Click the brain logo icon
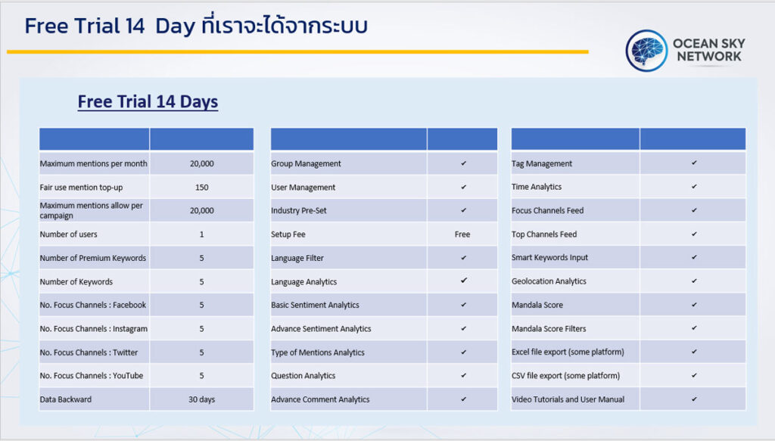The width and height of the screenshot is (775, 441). (x=646, y=51)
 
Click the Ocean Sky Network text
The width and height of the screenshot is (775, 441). (x=708, y=50)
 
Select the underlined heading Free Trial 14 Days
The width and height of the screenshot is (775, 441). (x=148, y=101)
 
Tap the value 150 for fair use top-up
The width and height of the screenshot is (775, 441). (x=201, y=187)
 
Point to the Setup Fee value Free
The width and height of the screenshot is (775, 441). (x=462, y=234)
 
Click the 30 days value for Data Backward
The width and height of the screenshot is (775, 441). (x=201, y=399)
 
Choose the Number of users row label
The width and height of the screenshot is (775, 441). (x=68, y=234)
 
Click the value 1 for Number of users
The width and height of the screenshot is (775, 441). (x=201, y=234)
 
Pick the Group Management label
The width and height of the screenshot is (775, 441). (x=306, y=163)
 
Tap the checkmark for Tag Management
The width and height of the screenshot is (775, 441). (x=694, y=163)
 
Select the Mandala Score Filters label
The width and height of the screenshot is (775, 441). (x=549, y=328)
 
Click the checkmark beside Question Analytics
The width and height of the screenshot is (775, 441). (x=463, y=375)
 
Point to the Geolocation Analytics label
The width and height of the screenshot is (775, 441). (x=549, y=281)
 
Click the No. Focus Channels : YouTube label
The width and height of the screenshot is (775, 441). (x=92, y=375)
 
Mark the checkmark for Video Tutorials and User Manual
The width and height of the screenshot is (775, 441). (x=694, y=399)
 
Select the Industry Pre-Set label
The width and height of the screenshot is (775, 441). (x=298, y=210)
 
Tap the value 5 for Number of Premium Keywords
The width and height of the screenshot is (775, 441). (x=201, y=258)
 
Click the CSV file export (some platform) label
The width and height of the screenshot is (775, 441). (x=565, y=375)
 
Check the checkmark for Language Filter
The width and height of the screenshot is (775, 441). (x=463, y=258)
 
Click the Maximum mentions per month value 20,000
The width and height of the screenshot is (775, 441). (x=201, y=163)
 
